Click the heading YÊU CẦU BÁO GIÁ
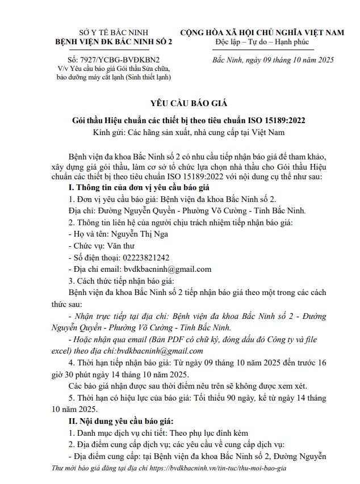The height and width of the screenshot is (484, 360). (x=180, y=103)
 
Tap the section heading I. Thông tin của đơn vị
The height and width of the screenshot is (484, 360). (x=139, y=186)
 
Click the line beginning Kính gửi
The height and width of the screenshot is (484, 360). (x=180, y=133)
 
